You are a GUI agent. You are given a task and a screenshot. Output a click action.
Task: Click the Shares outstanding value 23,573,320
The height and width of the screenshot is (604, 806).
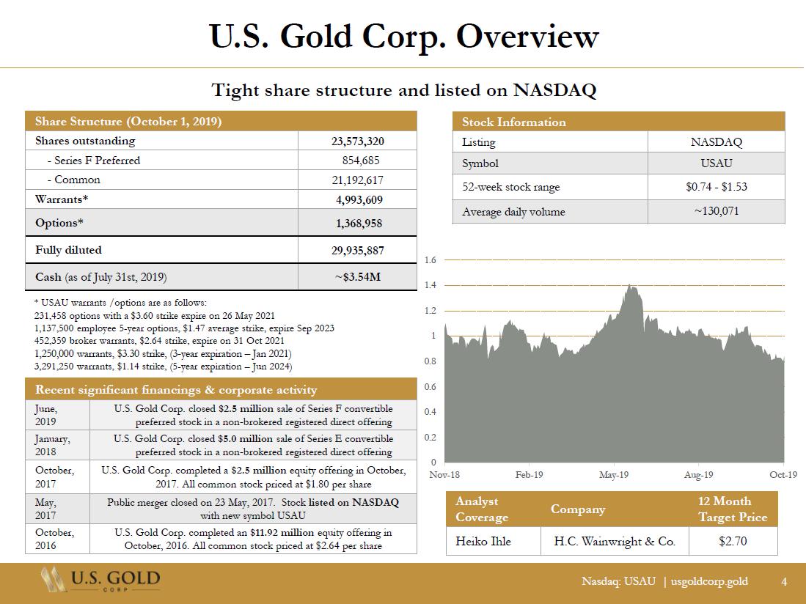(x=357, y=141)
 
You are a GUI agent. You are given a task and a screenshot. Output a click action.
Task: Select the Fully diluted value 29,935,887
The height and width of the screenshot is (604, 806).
(x=357, y=250)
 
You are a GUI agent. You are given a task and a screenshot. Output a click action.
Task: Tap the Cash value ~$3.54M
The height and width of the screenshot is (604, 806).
(x=357, y=277)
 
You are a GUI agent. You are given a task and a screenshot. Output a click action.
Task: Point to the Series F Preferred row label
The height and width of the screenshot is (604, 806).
(x=93, y=160)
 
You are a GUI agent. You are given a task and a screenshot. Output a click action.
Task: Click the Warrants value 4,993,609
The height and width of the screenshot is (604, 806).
(x=357, y=199)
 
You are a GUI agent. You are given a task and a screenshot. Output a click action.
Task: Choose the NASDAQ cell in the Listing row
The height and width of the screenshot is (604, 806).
(x=716, y=142)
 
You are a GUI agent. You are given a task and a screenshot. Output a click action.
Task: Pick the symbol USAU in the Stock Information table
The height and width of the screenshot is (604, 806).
(x=716, y=163)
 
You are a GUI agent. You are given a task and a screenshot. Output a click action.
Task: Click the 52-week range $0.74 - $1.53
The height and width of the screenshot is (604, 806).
(x=716, y=187)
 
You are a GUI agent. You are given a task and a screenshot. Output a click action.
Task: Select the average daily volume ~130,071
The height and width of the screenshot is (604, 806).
(x=716, y=212)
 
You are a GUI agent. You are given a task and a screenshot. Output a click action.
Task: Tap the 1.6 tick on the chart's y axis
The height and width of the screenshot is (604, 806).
(x=431, y=260)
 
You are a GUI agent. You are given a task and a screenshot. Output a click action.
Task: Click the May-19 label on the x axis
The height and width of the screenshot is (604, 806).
(x=613, y=475)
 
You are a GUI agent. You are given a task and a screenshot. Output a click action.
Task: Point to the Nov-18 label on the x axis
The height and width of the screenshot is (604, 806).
(x=444, y=475)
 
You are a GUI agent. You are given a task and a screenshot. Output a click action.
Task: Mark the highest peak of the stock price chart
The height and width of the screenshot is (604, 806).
(x=630, y=286)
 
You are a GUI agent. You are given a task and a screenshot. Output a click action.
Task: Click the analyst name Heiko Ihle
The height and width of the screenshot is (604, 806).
(x=483, y=542)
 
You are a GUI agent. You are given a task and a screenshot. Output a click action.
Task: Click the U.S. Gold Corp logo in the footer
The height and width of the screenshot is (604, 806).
(x=100, y=580)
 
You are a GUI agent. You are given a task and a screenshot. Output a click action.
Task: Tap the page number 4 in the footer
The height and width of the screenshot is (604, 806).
(x=784, y=581)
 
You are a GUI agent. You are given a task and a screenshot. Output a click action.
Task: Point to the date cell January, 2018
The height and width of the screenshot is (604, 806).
(x=53, y=446)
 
